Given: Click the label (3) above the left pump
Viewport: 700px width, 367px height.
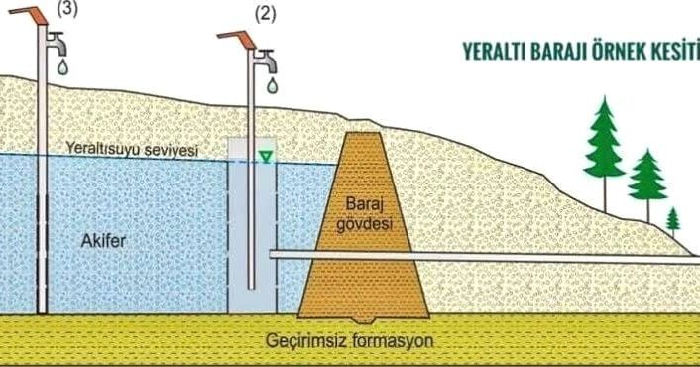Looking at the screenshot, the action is (x=67, y=9).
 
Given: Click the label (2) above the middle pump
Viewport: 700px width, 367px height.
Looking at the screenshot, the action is (x=265, y=14).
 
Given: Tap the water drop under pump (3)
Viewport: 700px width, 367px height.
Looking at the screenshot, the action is (x=62, y=67).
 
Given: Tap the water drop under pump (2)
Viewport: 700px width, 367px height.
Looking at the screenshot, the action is (x=272, y=85).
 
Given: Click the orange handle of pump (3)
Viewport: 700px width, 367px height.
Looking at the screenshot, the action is (x=29, y=15).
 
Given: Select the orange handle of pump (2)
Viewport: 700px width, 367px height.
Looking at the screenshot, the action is (x=237, y=39).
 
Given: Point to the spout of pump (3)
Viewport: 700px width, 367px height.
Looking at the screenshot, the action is (x=57, y=44).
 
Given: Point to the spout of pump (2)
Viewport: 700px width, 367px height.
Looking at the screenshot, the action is (x=266, y=61).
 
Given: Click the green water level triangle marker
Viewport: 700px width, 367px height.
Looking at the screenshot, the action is (x=266, y=157).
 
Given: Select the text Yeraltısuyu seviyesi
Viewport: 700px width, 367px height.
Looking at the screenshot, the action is (x=132, y=149).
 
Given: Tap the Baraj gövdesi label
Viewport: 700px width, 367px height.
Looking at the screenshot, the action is (x=364, y=214).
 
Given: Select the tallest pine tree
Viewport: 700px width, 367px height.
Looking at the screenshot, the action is (x=605, y=153).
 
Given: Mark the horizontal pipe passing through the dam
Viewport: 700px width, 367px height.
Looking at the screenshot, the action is (x=485, y=256).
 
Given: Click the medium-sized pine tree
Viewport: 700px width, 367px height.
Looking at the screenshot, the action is (x=647, y=184).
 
